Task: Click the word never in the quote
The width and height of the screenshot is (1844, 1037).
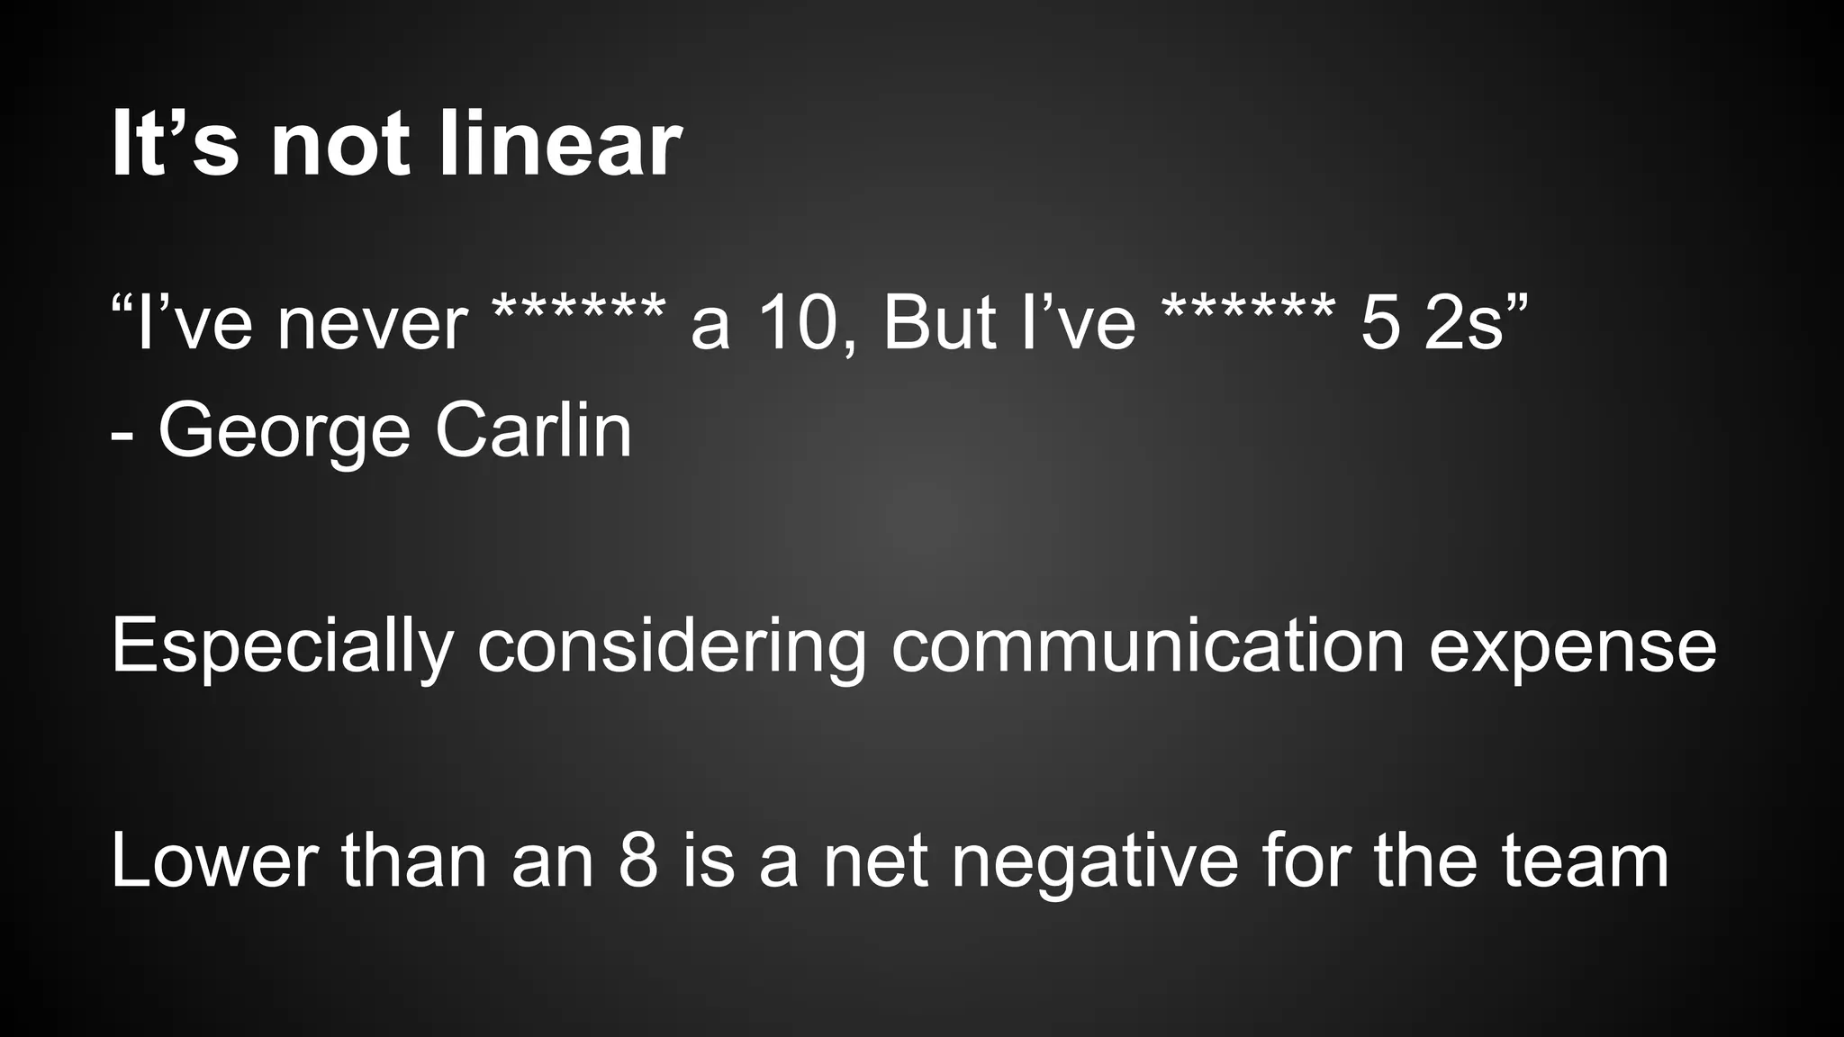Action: click(372, 324)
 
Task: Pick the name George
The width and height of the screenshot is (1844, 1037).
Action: click(285, 432)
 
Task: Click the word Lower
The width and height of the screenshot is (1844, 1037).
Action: click(214, 861)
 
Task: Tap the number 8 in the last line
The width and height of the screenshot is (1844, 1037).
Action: click(638, 861)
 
